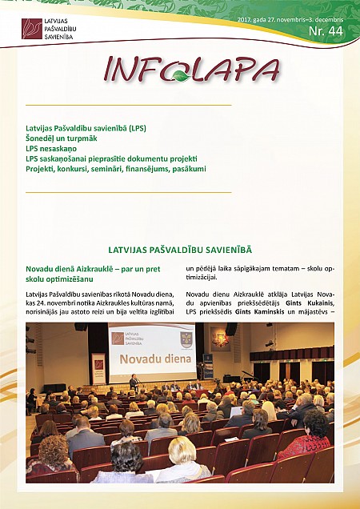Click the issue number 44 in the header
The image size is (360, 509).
337,31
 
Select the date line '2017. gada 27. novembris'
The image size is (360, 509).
274,18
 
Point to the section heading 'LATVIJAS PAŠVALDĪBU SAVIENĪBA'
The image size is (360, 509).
179,251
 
